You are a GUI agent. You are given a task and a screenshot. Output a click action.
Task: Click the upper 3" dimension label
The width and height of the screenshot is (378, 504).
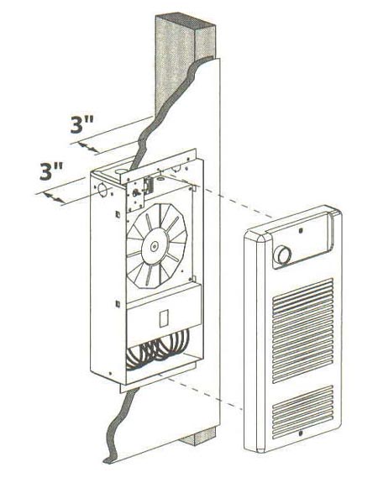click(82, 124)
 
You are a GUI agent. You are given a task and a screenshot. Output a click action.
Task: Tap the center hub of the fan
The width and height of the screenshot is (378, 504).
click(155, 247)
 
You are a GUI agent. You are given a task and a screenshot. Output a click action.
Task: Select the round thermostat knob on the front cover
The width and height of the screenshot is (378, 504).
click(282, 255)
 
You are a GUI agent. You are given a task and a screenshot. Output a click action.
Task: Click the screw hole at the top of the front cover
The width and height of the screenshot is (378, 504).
click(300, 230)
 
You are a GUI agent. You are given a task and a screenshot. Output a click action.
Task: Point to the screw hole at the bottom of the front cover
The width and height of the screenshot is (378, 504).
click(301, 433)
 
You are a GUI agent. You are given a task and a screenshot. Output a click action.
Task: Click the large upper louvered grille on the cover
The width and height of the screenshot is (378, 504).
click(302, 330)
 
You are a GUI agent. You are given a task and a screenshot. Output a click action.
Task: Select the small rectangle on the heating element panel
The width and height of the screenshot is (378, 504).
click(164, 318)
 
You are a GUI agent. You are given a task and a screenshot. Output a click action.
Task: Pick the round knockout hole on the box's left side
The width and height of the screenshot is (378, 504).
click(102, 189)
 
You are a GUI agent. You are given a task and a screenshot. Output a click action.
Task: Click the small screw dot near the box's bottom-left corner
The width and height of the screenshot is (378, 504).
click(111, 374)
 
